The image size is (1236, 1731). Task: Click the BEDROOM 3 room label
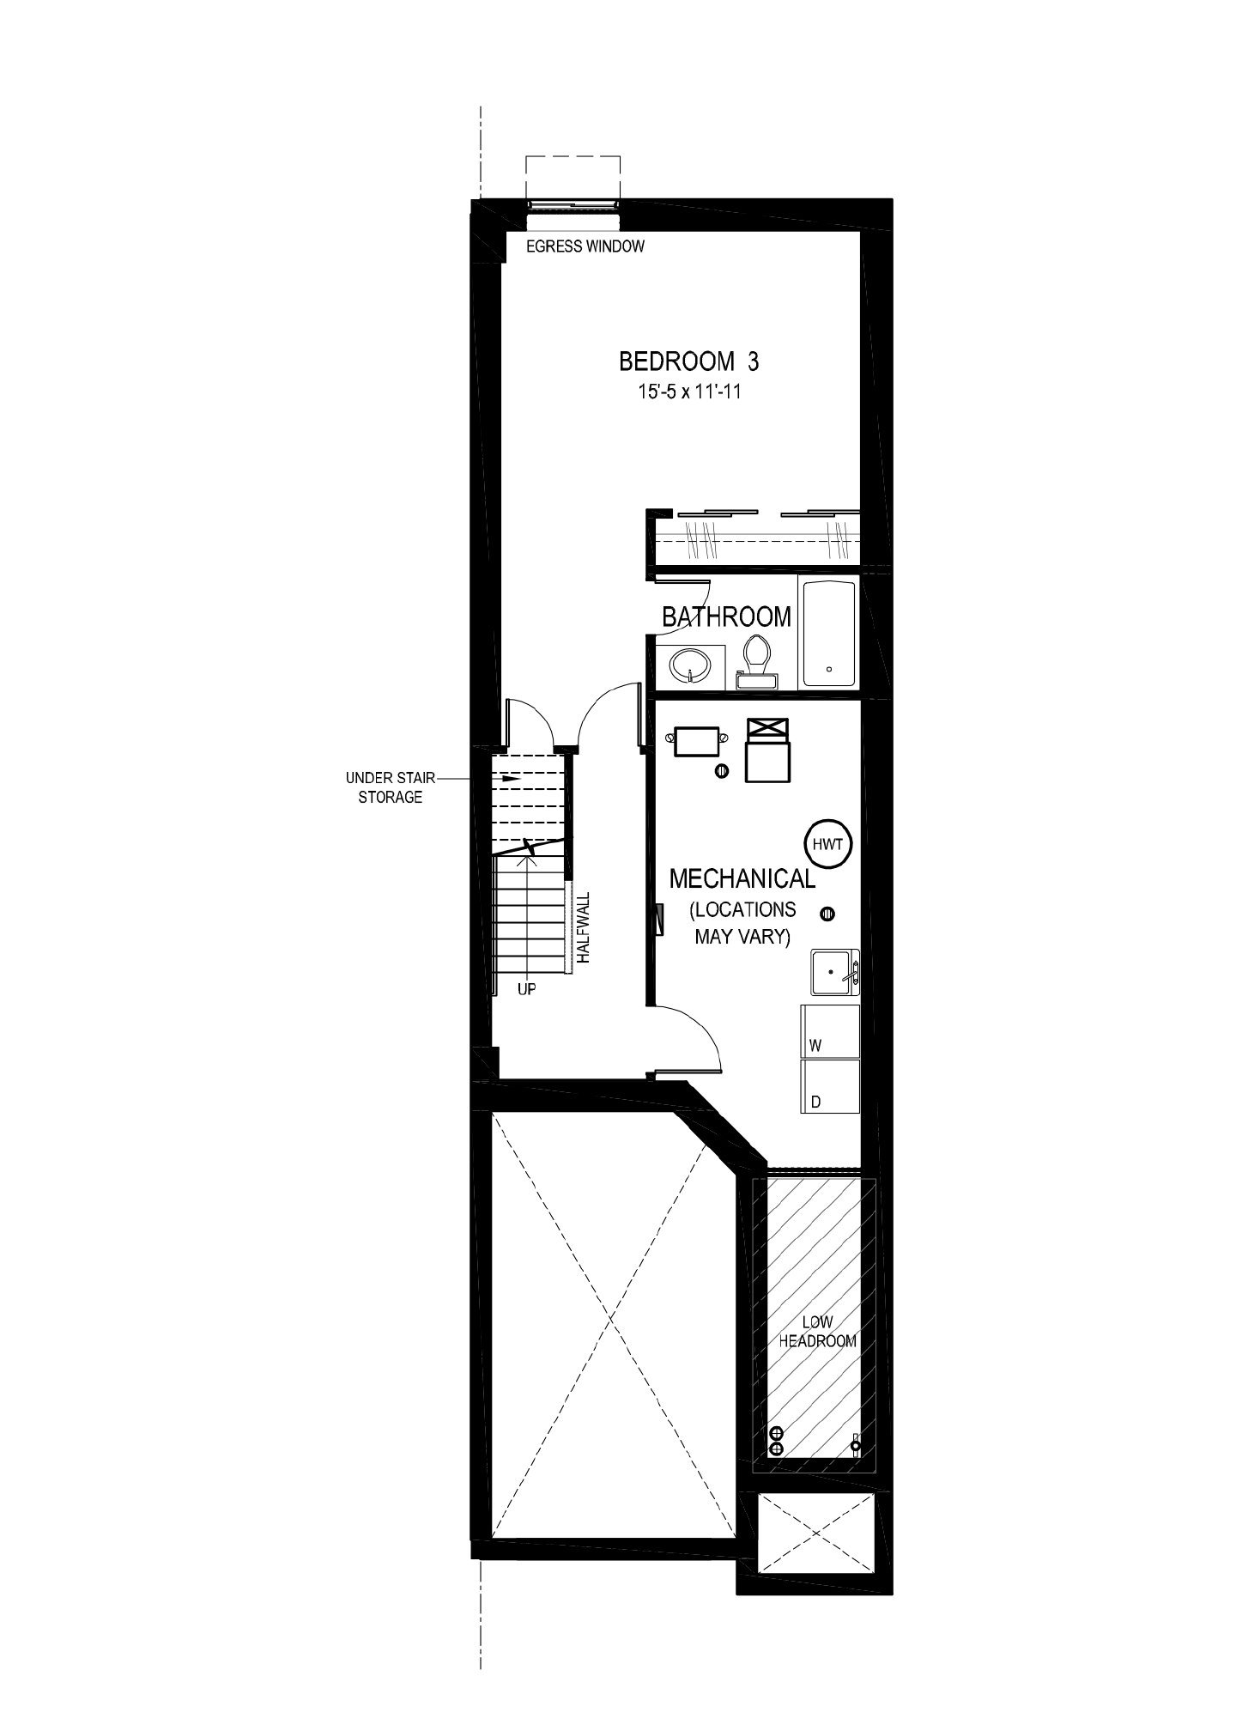(x=688, y=361)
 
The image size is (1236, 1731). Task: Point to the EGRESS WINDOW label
(x=585, y=247)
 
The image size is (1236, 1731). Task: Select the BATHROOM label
(x=726, y=616)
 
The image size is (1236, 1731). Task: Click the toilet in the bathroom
(x=756, y=661)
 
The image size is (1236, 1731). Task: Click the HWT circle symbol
(x=828, y=845)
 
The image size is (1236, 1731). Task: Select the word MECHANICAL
(x=742, y=878)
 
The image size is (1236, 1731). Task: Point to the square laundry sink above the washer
(x=835, y=973)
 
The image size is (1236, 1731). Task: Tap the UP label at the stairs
(x=527, y=990)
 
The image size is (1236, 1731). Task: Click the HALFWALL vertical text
(x=585, y=931)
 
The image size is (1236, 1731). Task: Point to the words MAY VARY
(x=742, y=936)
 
